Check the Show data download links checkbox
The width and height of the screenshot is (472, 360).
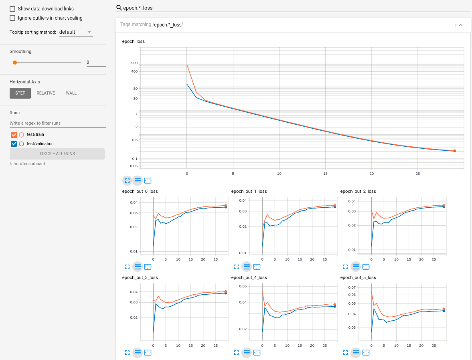click(x=12, y=9)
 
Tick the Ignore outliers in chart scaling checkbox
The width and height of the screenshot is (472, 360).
click(x=12, y=18)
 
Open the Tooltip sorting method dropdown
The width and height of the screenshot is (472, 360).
click(x=76, y=32)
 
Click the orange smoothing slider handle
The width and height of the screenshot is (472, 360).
click(x=15, y=63)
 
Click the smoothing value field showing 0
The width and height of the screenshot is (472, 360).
click(x=96, y=62)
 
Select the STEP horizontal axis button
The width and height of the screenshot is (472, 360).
click(x=20, y=93)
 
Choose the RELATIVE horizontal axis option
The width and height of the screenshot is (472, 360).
click(x=46, y=93)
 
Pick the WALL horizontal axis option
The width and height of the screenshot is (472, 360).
click(x=71, y=93)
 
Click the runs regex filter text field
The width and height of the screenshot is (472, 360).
click(x=57, y=123)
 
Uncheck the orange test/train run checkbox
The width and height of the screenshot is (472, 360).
click(x=14, y=135)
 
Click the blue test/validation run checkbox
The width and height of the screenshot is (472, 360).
click(x=14, y=144)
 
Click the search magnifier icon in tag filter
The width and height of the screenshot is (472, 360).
click(x=119, y=8)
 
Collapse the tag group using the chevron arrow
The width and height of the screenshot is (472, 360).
click(x=460, y=25)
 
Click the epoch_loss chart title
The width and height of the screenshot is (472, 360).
click(x=133, y=41)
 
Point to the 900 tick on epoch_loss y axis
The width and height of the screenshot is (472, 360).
click(x=134, y=63)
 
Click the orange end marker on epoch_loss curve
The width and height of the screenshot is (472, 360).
click(x=454, y=151)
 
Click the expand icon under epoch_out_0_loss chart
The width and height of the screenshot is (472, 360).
click(x=127, y=267)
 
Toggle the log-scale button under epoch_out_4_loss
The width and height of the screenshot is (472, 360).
click(x=247, y=353)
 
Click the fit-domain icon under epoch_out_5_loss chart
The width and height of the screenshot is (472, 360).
click(x=366, y=353)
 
